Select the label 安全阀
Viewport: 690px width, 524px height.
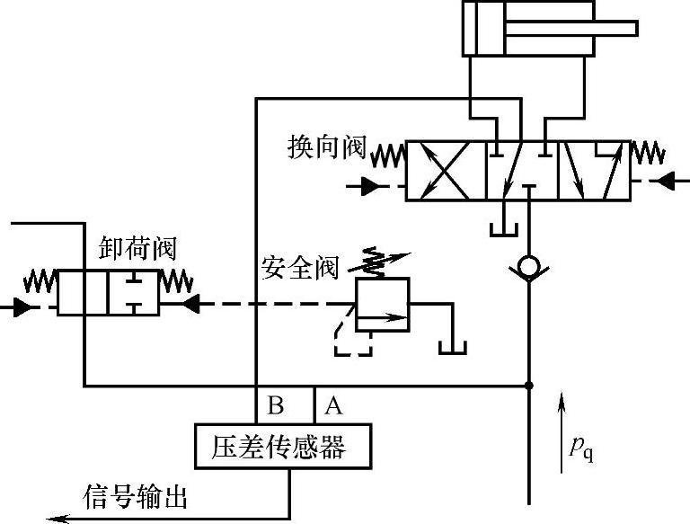[x=300, y=267]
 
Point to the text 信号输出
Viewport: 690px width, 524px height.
[x=136, y=496]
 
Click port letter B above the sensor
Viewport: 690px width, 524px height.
[x=277, y=405]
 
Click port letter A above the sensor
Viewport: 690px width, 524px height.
[x=332, y=405]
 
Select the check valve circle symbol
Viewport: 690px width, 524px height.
[x=529, y=267]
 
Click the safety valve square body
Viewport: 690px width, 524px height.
[x=382, y=305]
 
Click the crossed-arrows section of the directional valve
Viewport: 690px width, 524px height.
[x=446, y=170]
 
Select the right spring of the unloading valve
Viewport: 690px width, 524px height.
[x=177, y=282]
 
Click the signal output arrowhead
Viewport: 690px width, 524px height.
[x=56, y=519]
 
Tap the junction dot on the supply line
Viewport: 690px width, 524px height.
[x=529, y=386]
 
